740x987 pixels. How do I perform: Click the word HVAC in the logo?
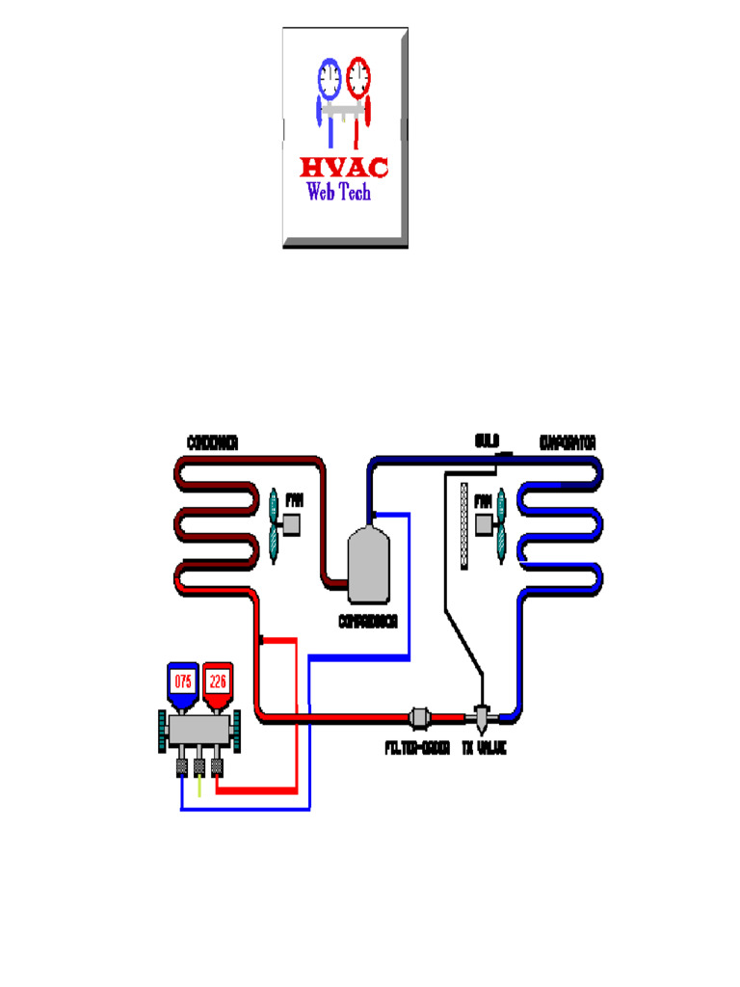tap(344, 168)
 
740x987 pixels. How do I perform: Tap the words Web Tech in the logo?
tap(338, 192)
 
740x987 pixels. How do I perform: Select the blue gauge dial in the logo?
tap(329, 76)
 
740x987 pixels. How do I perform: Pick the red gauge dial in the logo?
tap(358, 74)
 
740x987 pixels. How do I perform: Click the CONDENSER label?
tap(213, 442)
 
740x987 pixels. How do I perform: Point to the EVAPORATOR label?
tap(568, 442)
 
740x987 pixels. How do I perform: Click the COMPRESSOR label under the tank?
tap(368, 621)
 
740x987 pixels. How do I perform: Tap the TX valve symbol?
tap(482, 716)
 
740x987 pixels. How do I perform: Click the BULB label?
tap(486, 442)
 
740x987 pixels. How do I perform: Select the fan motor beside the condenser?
tap(288, 525)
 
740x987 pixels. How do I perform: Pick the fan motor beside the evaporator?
tap(484, 525)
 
